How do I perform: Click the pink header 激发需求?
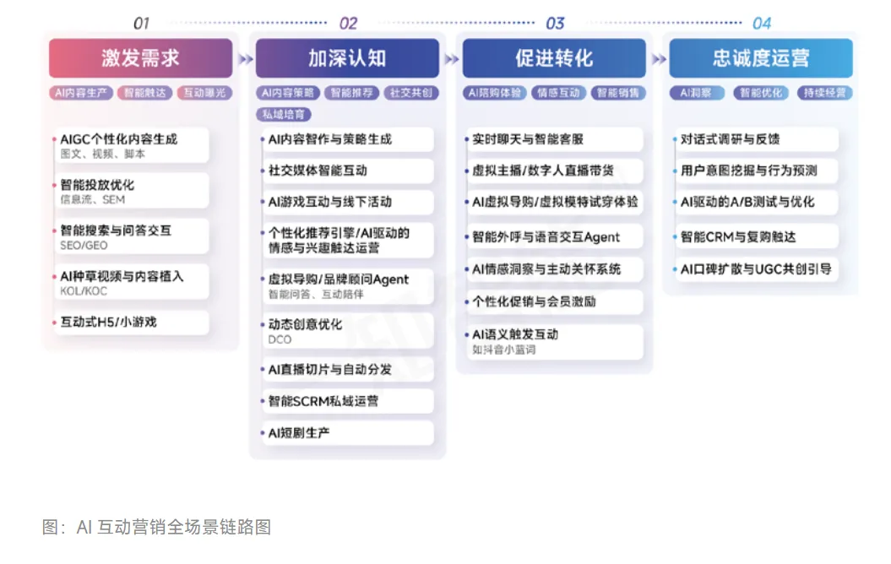point(140,57)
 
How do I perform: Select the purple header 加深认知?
point(347,57)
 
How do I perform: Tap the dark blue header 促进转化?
point(554,57)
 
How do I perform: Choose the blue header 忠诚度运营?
point(761,57)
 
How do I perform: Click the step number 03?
point(555,23)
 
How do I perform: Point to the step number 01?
point(142,23)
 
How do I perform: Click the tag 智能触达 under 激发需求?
point(144,93)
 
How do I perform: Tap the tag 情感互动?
point(558,93)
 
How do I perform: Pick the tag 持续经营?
point(824,93)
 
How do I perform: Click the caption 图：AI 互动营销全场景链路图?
point(156,527)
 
